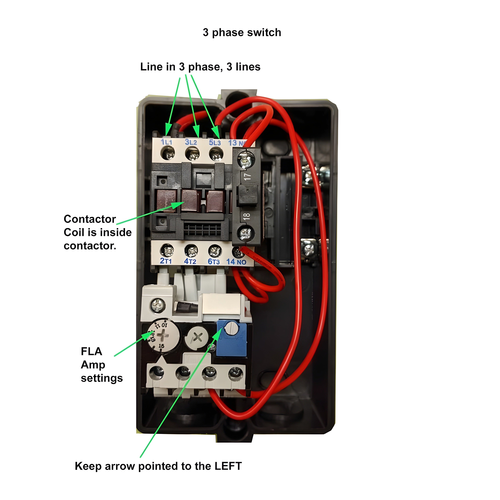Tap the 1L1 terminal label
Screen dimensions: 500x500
click(x=166, y=142)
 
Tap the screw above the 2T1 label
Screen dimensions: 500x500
click(x=167, y=251)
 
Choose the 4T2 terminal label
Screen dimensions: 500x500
click(x=190, y=261)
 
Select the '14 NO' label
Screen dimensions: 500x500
click(x=236, y=262)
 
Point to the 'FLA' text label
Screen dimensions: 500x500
click(x=91, y=351)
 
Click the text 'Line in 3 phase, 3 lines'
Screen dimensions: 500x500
click(x=200, y=67)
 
